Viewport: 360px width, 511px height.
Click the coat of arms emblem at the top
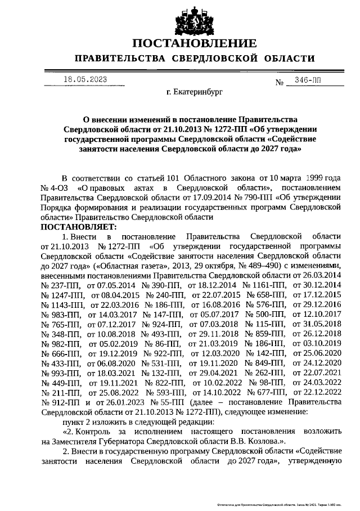tap(195, 21)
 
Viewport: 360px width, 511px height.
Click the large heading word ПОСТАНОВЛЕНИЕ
tap(195, 44)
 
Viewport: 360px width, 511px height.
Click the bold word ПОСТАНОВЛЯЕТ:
tap(78, 226)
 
